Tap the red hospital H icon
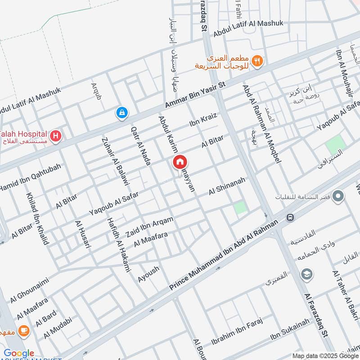click(55, 135)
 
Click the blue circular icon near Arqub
click(121, 113)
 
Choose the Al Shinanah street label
click(227, 186)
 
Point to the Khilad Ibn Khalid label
click(37, 219)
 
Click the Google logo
click(19, 353)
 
